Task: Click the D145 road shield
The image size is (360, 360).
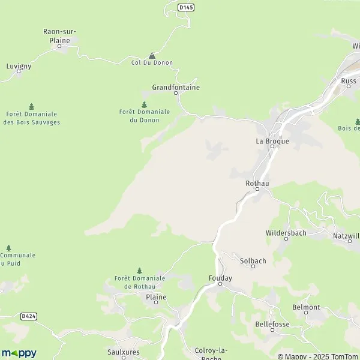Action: point(187,7)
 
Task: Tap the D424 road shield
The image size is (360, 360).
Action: point(27,316)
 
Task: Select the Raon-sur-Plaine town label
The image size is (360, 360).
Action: point(60,36)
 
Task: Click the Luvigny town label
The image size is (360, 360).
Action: point(19,66)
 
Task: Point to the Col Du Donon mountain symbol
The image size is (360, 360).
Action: point(152,55)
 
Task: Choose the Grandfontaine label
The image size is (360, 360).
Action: point(176,88)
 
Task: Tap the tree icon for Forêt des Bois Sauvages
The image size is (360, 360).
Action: point(31,106)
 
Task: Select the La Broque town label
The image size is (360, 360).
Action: point(272,142)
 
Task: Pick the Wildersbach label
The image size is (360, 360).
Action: point(286,232)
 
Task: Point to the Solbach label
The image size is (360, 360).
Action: point(253,260)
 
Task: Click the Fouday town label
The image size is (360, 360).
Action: point(220,278)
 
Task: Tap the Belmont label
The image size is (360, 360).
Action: point(306,307)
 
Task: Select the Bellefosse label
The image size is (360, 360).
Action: point(272,323)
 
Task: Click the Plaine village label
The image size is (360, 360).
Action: point(156,297)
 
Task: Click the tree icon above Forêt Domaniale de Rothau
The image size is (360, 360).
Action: point(140,271)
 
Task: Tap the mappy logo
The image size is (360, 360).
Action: point(19,353)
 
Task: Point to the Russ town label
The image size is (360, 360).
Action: point(349,80)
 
